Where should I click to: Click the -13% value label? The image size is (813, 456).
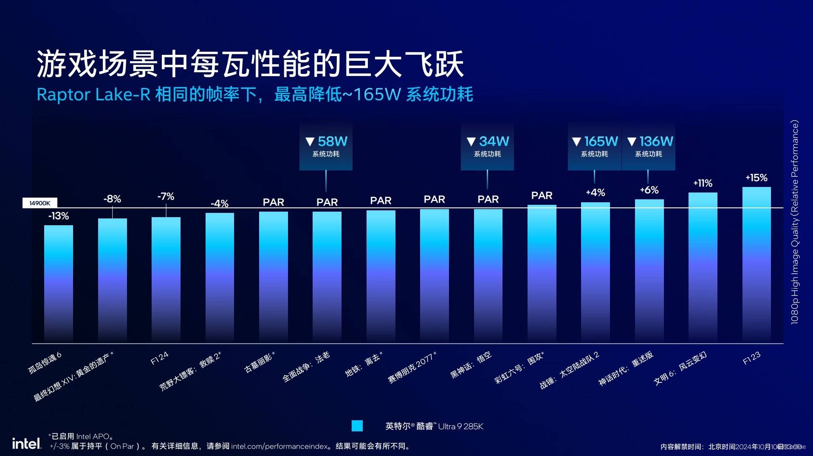click(x=59, y=216)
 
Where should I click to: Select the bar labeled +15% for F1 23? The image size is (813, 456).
click(x=757, y=263)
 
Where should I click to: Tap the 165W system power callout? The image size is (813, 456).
click(x=595, y=146)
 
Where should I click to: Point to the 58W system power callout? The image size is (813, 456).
click(x=326, y=146)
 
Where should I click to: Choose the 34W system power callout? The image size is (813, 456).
click(x=487, y=146)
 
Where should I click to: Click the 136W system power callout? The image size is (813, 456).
click(x=649, y=146)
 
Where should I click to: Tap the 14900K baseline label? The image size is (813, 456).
click(x=40, y=203)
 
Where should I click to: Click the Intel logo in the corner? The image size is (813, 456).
click(x=26, y=444)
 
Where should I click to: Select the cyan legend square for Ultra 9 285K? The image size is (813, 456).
click(x=357, y=426)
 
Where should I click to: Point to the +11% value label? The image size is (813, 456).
click(x=703, y=183)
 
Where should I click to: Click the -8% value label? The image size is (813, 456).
click(x=112, y=199)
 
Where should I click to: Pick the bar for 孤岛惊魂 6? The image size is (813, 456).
click(x=59, y=283)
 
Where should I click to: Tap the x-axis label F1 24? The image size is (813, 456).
click(x=160, y=358)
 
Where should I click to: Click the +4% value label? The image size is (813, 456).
click(x=595, y=193)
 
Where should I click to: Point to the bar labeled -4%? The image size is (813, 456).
click(x=220, y=276)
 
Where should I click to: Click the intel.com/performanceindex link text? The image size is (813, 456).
click(x=279, y=446)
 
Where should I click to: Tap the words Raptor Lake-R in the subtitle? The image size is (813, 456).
click(x=93, y=94)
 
